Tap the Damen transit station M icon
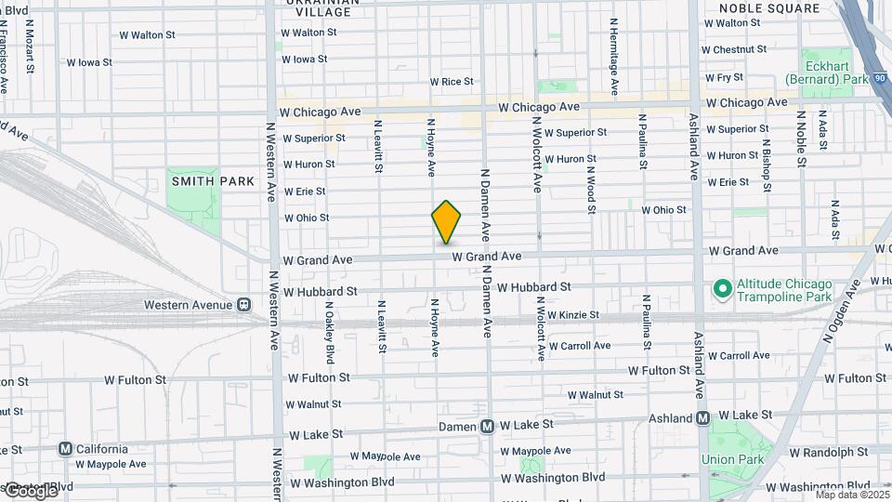point(487,427)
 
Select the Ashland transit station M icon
point(703,418)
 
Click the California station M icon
point(65,448)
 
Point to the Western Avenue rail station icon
point(243,304)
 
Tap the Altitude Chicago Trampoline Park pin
point(721,289)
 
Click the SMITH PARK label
point(193,181)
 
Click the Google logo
point(30,490)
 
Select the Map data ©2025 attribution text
point(851,494)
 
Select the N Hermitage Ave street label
point(614,56)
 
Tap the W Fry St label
point(724,78)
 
